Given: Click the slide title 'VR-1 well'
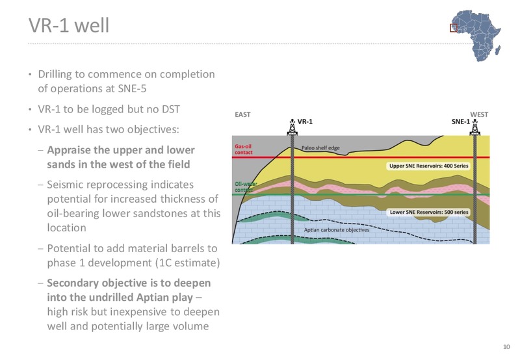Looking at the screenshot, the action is point(69,25).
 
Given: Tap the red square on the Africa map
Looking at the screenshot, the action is point(454,28).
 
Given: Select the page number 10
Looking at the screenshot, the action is point(506,347).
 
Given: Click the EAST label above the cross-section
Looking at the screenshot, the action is point(242,115).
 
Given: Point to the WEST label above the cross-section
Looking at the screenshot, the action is point(479,115).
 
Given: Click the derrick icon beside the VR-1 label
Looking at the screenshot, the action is point(292,127).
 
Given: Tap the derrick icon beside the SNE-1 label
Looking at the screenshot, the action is point(475,127).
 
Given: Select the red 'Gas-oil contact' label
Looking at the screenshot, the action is point(243,149).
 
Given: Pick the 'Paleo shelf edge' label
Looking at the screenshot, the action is point(320,148).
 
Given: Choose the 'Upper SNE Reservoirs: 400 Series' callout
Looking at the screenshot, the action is point(428,166).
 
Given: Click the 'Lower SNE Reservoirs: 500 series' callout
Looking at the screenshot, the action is point(429,212).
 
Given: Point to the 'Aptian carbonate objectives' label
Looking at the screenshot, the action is point(336,230).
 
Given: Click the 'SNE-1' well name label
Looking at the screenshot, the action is point(460,122).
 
